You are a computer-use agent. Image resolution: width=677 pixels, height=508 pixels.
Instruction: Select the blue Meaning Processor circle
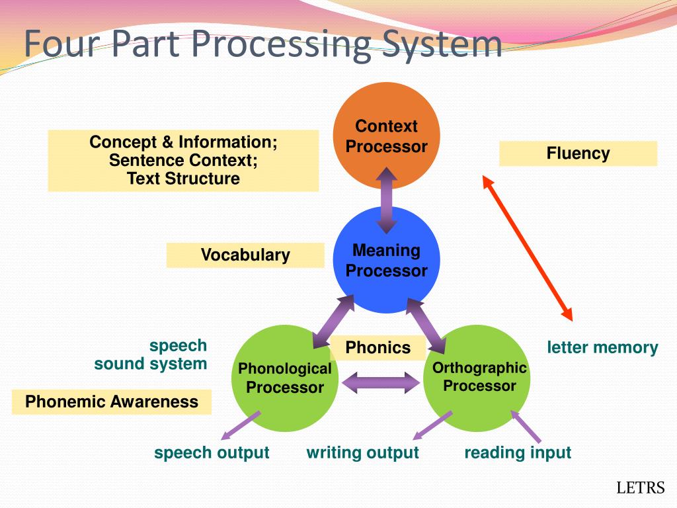pos(386,260)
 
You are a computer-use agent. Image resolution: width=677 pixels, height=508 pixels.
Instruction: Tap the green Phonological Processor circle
pos(285,378)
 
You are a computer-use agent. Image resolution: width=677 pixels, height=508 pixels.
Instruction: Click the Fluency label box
pos(578,153)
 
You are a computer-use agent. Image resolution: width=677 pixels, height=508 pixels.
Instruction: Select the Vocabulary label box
pos(245,255)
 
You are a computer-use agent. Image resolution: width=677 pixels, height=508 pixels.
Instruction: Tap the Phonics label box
pos(378,348)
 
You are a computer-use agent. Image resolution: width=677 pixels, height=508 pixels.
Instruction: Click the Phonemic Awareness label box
pos(112,402)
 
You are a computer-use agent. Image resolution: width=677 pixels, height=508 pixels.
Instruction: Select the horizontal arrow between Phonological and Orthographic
pos(382,382)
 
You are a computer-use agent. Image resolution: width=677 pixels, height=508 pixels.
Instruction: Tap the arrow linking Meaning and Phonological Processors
pos(333,322)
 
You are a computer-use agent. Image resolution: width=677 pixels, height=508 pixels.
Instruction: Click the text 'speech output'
pos(212,453)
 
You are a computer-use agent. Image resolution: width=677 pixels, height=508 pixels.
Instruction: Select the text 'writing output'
pos(362,453)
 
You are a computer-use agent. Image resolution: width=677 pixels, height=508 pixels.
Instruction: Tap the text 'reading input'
pos(517,453)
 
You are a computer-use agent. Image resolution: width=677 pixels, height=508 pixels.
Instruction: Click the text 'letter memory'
pos(602,348)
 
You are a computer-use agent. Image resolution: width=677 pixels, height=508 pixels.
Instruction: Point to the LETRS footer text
pos(640,489)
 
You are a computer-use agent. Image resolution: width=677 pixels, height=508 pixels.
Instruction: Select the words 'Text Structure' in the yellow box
pos(183,179)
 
